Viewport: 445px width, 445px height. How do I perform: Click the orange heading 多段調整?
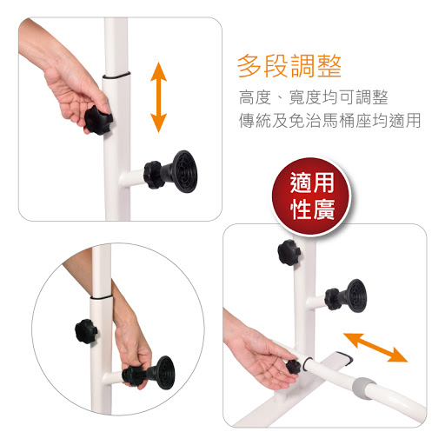(x=289, y=66)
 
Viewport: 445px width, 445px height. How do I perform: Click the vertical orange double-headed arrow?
(x=158, y=97)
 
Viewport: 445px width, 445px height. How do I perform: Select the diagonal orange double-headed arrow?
(x=375, y=348)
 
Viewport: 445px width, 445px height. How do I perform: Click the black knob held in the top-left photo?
(x=98, y=120)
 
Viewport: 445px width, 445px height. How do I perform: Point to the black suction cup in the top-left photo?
(x=182, y=171)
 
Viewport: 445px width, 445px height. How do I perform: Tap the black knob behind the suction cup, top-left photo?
(x=153, y=175)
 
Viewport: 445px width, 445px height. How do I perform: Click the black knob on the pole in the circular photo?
(x=86, y=331)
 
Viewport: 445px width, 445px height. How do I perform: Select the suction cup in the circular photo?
(x=163, y=373)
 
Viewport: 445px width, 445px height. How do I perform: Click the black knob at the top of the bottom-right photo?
(x=289, y=252)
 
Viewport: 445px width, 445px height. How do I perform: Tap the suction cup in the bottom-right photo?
(x=353, y=296)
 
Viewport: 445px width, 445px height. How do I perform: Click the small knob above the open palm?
(x=293, y=367)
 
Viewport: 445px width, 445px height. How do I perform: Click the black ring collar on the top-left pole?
(x=116, y=76)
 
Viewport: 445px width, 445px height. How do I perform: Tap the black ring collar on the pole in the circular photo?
(x=101, y=297)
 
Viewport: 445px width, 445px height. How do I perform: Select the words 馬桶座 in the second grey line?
(x=347, y=121)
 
